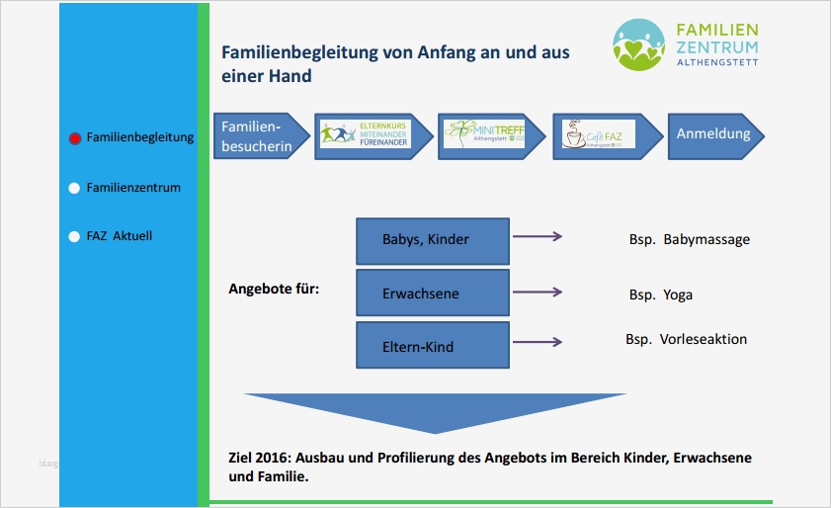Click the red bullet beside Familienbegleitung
[74, 138]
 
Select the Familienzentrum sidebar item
[133, 187]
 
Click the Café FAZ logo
[597, 134]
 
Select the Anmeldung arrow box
[712, 134]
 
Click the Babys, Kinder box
[432, 240]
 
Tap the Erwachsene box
[432, 294]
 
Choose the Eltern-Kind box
[432, 346]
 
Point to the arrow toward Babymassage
[537, 237]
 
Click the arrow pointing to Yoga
[537, 293]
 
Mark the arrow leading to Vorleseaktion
[537, 342]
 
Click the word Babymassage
[706, 239]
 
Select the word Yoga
[679, 295]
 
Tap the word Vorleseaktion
[703, 339]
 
